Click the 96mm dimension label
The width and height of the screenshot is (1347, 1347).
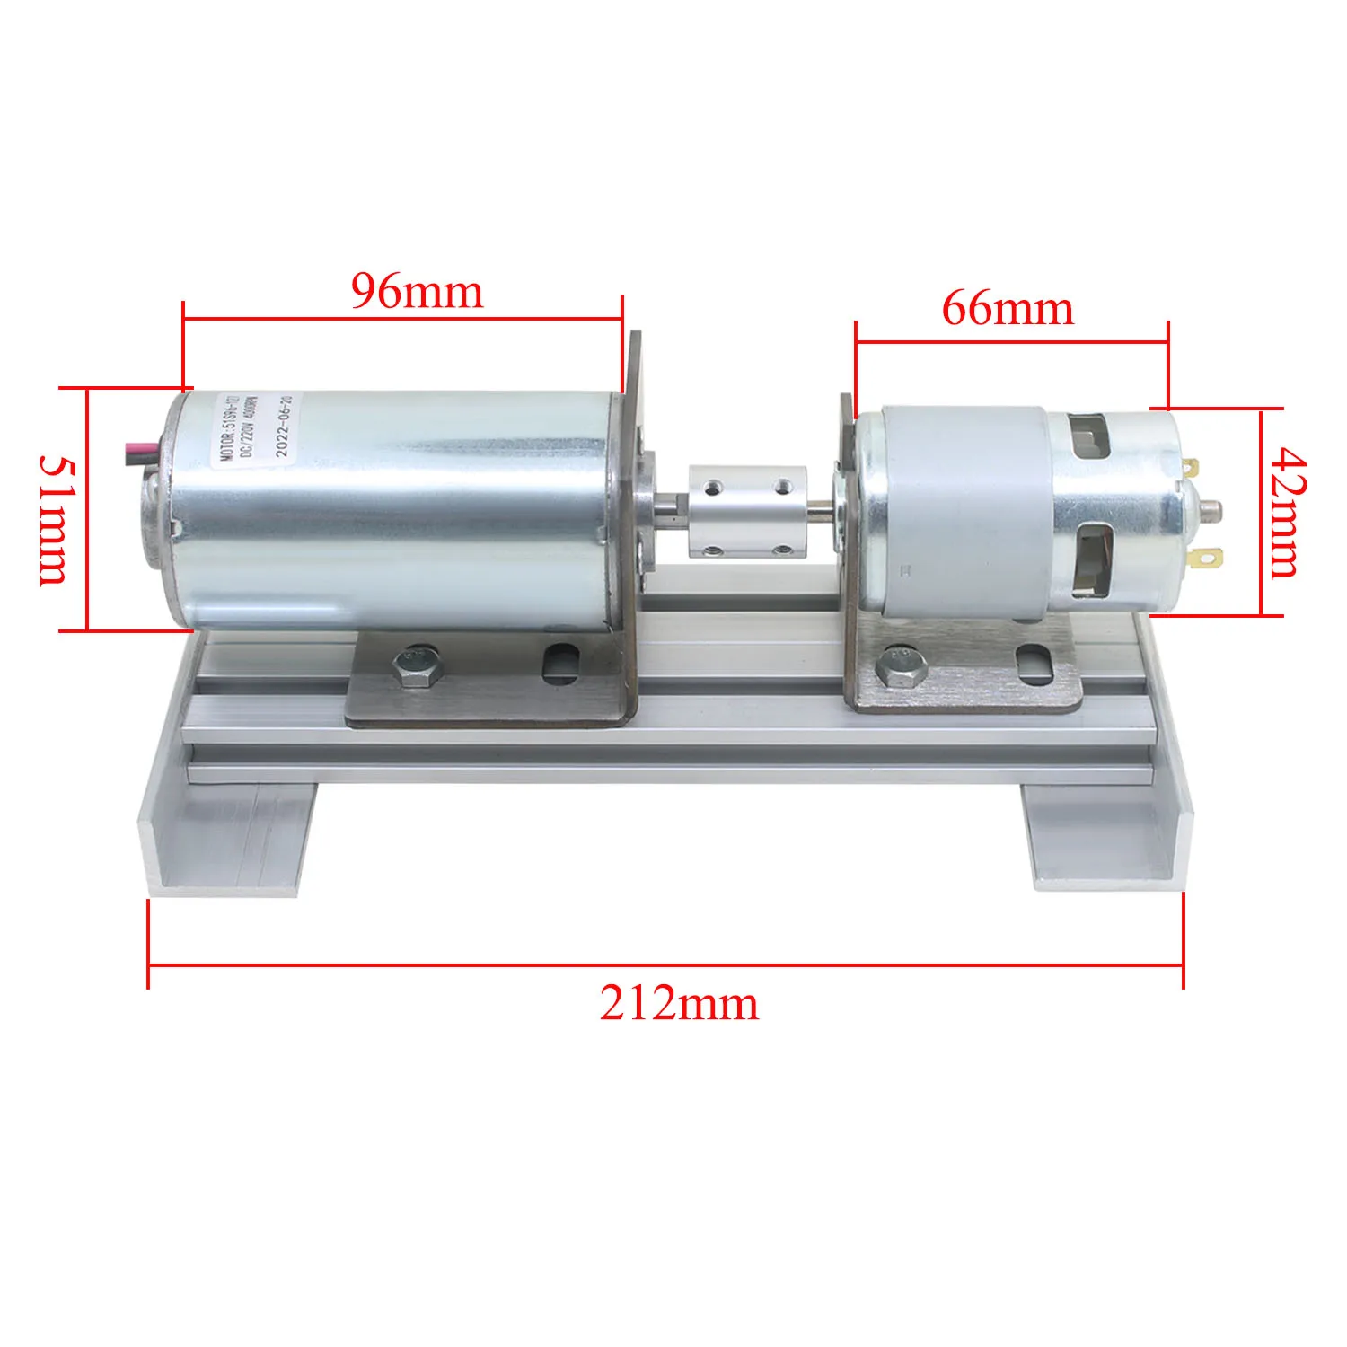[x=417, y=291]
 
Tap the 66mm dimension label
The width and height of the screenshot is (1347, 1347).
[x=1008, y=309]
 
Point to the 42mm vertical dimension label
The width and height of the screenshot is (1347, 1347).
[x=1286, y=513]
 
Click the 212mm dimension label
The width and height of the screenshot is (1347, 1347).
[x=679, y=1003]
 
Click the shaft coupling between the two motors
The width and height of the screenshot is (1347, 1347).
[x=746, y=513]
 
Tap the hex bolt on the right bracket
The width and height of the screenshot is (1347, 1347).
[x=902, y=666]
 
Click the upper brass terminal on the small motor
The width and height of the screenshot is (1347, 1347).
[x=1192, y=467]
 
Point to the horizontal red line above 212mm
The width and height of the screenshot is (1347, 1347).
[x=665, y=965]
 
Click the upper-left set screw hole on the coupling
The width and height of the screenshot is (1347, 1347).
[x=712, y=487]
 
